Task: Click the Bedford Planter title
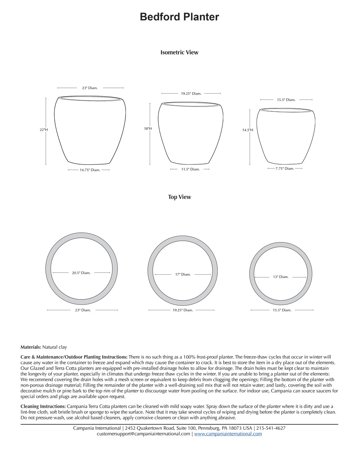pyautogui.click(x=179, y=17)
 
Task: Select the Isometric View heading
pyautogui.click(x=179, y=52)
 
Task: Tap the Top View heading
pyautogui.click(x=179, y=197)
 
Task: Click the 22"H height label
pyautogui.click(x=44, y=130)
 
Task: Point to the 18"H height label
pyautogui.click(x=148, y=129)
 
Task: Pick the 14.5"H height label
pyautogui.click(x=247, y=130)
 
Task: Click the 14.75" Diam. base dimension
pyautogui.click(x=90, y=170)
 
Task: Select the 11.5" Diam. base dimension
pyautogui.click(x=190, y=169)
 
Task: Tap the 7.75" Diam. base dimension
pyautogui.click(x=285, y=168)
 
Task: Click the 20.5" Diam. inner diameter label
pyautogui.click(x=81, y=273)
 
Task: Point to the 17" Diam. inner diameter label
pyautogui.click(x=183, y=274)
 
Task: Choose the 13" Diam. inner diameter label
pyautogui.click(x=280, y=277)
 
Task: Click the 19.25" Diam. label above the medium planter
pyautogui.click(x=191, y=94)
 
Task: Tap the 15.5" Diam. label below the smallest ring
pyautogui.click(x=282, y=310)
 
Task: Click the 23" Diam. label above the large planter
pyautogui.click(x=90, y=88)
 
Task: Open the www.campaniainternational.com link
pyautogui.click(x=228, y=434)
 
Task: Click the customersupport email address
pyautogui.click(x=143, y=434)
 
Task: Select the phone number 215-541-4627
pyautogui.click(x=271, y=428)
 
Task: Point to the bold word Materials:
pyautogui.click(x=31, y=347)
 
